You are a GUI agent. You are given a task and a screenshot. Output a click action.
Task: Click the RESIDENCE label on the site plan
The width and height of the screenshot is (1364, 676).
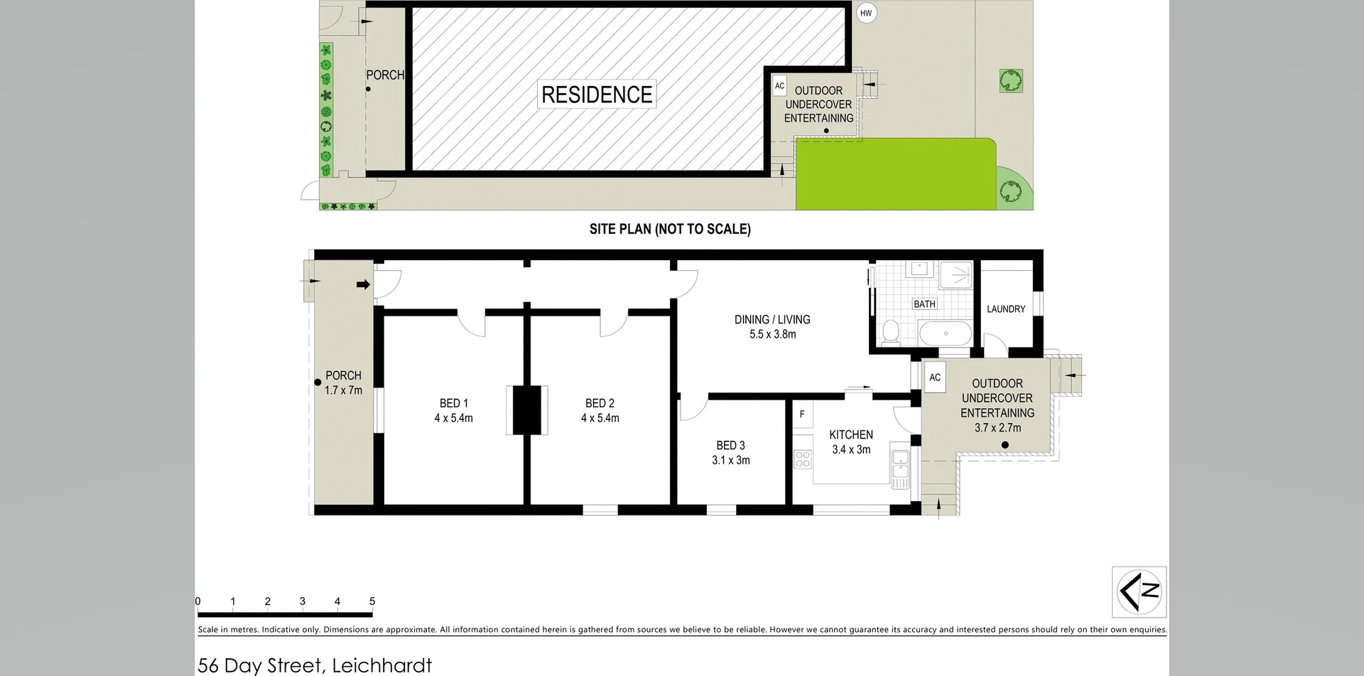[597, 95]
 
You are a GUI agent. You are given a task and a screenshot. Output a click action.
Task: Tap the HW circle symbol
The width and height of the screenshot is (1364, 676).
[865, 13]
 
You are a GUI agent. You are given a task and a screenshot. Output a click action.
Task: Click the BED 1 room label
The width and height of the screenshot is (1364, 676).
[453, 403]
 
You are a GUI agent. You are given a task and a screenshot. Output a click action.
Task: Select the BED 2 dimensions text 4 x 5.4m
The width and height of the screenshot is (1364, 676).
[600, 418]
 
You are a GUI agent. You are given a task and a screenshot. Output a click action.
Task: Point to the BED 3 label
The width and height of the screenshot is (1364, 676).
[730, 445]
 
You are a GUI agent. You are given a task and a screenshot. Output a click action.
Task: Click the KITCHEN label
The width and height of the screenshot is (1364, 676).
[850, 434]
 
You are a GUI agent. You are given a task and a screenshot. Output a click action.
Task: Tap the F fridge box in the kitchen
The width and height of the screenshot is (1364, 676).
[802, 414]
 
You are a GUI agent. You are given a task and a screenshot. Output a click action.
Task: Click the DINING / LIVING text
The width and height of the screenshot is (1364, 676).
[772, 319]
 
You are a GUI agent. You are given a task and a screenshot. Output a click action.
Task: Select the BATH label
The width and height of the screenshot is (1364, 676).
[924, 304]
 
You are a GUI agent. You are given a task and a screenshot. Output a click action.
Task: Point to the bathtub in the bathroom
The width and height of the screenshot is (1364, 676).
[945, 333]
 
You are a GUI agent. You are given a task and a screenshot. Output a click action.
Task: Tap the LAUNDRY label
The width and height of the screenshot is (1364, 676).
[1006, 309]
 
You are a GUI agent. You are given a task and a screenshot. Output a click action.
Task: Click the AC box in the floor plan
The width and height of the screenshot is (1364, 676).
[935, 377]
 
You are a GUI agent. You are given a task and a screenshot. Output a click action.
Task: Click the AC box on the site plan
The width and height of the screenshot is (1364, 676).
[779, 86]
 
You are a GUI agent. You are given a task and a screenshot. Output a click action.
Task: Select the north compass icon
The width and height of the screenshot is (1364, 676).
[1139, 591]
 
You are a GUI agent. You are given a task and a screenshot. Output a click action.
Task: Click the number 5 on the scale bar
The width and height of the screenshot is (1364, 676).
[372, 601]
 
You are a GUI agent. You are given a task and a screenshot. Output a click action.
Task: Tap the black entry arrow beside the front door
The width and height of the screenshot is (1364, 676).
[363, 285]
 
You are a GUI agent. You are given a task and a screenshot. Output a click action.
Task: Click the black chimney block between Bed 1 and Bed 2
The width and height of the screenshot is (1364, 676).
[526, 410]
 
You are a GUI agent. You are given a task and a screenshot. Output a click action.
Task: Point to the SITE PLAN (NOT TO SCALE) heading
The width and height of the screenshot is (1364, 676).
[669, 229]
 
